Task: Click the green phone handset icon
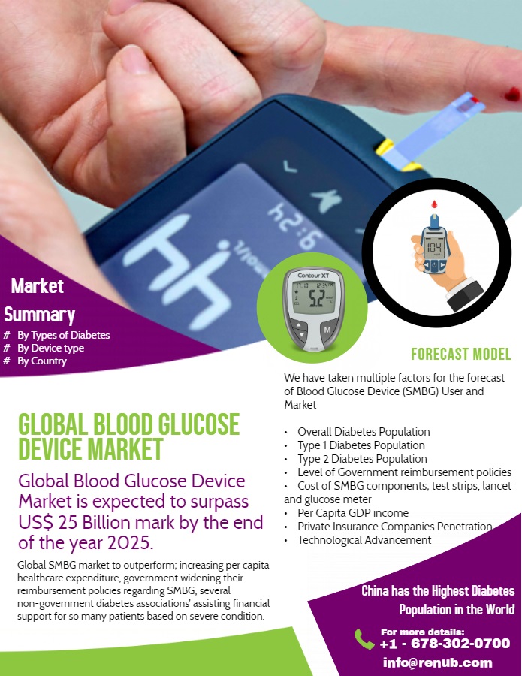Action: coord(364,638)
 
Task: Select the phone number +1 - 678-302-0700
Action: coord(445,644)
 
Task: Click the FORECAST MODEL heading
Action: coord(461,354)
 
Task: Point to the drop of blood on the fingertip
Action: coord(512,94)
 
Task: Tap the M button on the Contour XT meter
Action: coord(327,330)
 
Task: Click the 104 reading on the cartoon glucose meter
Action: coord(434,247)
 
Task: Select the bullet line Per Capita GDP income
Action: coord(353,513)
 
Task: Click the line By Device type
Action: coord(50,348)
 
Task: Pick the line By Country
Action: coord(42,361)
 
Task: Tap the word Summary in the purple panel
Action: coord(39,315)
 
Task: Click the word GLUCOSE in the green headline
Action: coord(199,424)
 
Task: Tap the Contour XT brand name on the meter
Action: coord(313,275)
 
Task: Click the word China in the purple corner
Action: coord(375,590)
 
